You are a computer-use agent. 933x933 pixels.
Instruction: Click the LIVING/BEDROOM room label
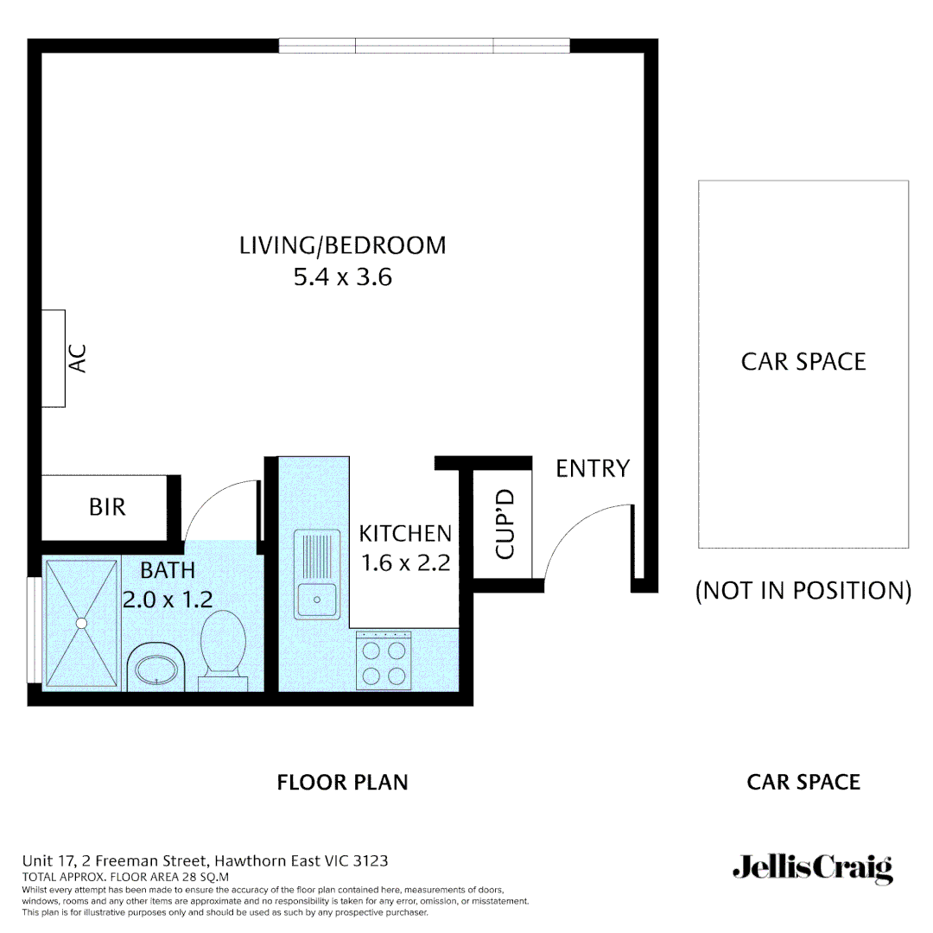tap(342, 245)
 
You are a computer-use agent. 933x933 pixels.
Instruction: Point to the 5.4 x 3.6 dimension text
tap(342, 278)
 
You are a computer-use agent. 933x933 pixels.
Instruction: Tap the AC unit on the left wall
tap(54, 358)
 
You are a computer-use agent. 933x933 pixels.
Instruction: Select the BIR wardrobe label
tap(107, 507)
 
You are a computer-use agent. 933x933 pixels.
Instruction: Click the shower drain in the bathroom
tap(81, 622)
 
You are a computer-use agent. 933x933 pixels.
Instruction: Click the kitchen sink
tap(317, 574)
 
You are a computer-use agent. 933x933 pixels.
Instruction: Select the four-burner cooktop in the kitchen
tap(384, 661)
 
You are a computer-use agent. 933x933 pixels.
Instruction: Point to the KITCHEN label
tap(405, 533)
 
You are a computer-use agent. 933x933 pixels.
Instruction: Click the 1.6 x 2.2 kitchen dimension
tap(405, 563)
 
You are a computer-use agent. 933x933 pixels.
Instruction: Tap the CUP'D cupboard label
tap(505, 524)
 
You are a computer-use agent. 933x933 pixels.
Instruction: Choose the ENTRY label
tap(592, 469)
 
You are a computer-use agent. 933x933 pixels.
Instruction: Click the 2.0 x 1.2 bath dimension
tap(167, 600)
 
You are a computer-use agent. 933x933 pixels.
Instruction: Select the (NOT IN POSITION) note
tap(803, 591)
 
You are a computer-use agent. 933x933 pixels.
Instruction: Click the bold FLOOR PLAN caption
tap(342, 783)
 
